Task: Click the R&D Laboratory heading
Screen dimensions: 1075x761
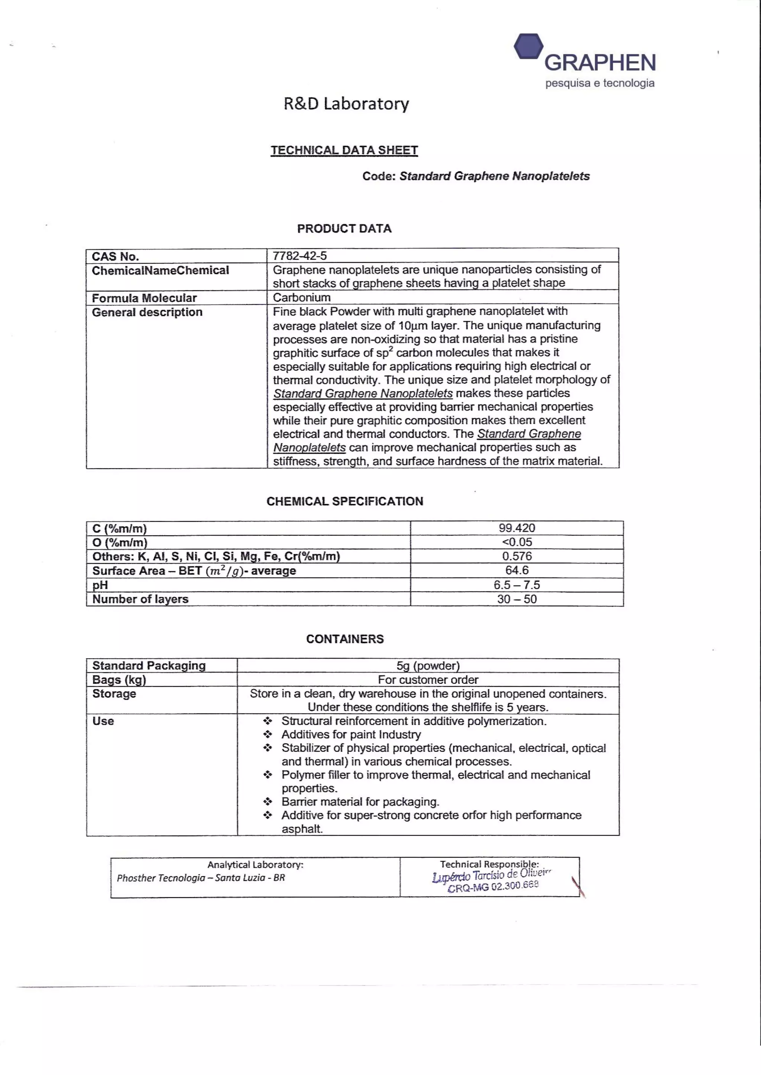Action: [x=346, y=104]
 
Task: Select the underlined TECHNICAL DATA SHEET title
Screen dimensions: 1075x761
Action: [x=344, y=150]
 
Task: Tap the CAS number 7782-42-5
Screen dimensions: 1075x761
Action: [x=300, y=256]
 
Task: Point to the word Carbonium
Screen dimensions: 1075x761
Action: [x=302, y=297]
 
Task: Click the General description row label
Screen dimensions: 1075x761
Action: [x=147, y=312]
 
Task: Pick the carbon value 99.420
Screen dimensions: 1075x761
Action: [x=516, y=528]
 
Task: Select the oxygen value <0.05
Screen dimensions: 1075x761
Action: [x=516, y=542]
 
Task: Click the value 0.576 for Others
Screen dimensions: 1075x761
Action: [x=516, y=556]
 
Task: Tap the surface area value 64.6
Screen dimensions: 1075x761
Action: [x=516, y=570]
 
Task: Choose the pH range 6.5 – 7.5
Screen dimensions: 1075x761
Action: [x=516, y=585]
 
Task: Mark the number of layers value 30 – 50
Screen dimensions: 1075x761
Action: [x=516, y=599]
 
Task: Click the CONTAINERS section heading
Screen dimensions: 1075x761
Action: [x=345, y=639]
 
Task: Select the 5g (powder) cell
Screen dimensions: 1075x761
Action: [x=428, y=666]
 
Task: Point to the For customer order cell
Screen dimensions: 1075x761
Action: [x=428, y=680]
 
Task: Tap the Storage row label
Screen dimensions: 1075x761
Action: [x=114, y=693]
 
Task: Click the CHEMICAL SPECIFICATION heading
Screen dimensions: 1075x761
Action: [x=345, y=501]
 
